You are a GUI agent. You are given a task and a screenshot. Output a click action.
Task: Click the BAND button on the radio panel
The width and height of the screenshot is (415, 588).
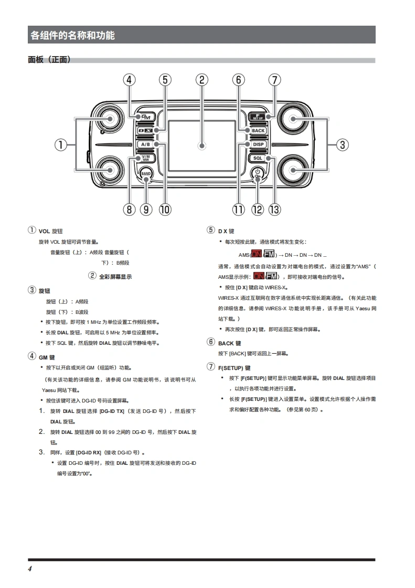point(146,173)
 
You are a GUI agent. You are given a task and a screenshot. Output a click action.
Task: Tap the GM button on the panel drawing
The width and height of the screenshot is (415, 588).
point(145,117)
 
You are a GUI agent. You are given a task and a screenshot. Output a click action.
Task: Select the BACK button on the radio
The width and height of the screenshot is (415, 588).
point(258,130)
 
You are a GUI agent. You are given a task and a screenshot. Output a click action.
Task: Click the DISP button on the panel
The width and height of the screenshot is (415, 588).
point(258,144)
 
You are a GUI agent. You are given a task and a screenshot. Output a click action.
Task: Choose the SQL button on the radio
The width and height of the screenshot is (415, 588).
point(258,158)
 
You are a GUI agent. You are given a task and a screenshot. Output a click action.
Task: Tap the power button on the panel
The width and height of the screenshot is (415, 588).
point(257,172)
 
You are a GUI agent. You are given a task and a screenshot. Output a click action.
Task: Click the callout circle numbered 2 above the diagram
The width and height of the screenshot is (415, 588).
point(201,80)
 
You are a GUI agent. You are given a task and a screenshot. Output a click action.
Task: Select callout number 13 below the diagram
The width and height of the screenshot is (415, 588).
point(274,209)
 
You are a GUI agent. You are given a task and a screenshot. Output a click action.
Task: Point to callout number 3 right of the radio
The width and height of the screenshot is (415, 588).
point(342,144)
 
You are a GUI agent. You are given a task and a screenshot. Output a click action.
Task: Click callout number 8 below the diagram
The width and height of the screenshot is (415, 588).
point(129,209)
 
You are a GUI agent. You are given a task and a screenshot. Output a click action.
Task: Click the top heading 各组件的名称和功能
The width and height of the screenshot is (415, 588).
point(72,36)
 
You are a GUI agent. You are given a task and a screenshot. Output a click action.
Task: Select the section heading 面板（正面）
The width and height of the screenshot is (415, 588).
point(49,60)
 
